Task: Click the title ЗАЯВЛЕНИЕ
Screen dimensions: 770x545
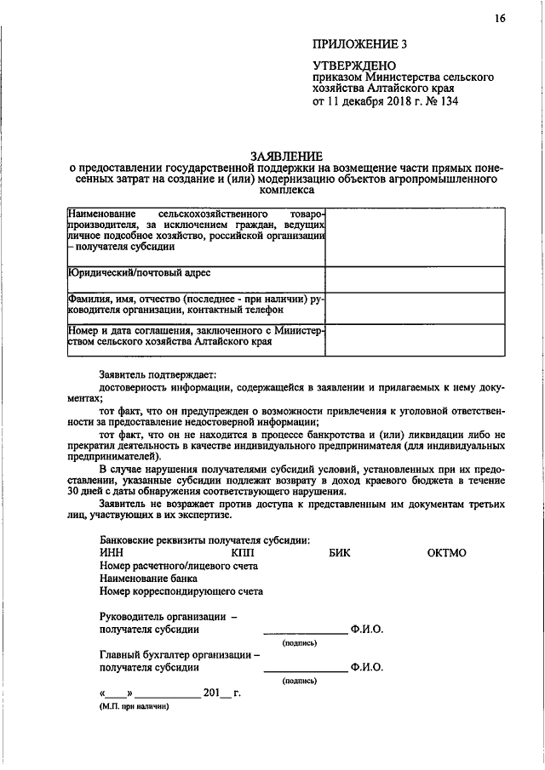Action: click(x=286, y=156)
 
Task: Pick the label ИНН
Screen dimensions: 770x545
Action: click(x=112, y=553)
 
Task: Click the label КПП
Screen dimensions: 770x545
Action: click(x=244, y=553)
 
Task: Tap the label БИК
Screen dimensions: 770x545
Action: click(x=340, y=553)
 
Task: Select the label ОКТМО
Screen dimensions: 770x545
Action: click(x=446, y=553)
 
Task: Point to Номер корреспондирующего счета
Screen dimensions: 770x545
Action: click(x=181, y=590)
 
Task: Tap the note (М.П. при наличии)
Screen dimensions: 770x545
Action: click(x=134, y=705)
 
